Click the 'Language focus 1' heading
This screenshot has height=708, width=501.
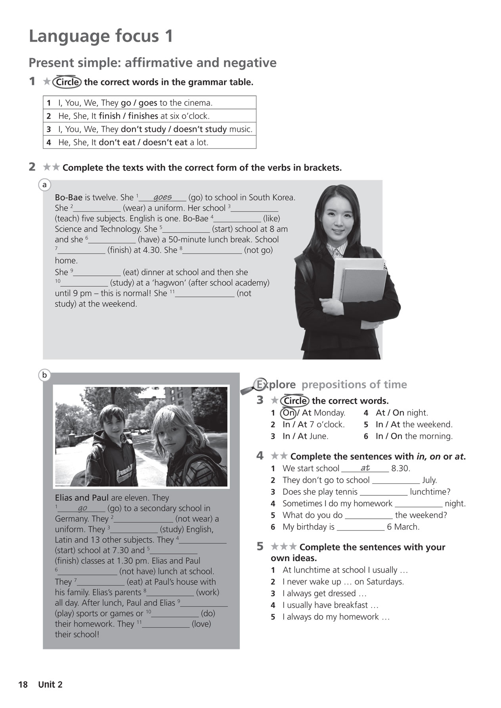(x=101, y=36)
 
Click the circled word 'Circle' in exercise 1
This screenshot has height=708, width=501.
(x=67, y=82)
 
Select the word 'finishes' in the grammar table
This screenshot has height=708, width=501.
(x=140, y=116)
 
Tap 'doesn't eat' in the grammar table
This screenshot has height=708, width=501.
(x=165, y=143)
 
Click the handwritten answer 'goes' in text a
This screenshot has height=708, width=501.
(x=163, y=197)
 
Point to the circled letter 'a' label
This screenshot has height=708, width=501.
(x=44, y=185)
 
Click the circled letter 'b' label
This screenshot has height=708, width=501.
(x=44, y=375)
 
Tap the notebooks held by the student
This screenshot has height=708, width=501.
(x=359, y=283)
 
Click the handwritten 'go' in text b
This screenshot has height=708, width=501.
(x=82, y=508)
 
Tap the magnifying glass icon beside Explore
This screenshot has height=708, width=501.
(x=252, y=387)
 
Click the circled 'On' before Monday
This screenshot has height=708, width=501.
(x=288, y=413)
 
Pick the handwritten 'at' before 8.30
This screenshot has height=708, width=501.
(x=365, y=468)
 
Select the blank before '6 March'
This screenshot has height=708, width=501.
(x=360, y=527)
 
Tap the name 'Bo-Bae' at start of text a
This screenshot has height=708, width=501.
(x=68, y=198)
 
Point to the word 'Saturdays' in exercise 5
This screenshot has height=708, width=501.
(x=384, y=582)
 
